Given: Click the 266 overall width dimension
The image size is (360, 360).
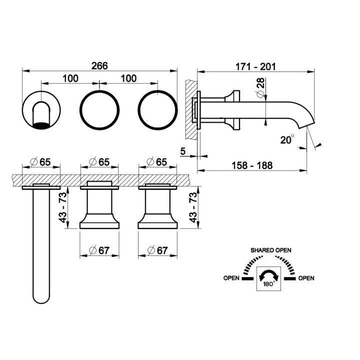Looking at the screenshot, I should pyautogui.click(x=100, y=65).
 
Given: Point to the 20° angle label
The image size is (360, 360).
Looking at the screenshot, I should pyautogui.click(x=287, y=140).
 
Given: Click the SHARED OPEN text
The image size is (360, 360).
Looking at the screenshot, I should pyautogui.click(x=270, y=250).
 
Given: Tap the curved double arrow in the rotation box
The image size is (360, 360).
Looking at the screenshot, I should pyautogui.click(x=268, y=274).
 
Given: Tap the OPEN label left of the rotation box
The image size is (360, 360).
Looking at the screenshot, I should pyautogui.click(x=230, y=278).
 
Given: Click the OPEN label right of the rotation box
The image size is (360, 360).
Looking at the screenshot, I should pyautogui.click(x=306, y=278).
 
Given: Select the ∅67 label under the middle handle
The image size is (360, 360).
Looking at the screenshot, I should pyautogui.click(x=99, y=251).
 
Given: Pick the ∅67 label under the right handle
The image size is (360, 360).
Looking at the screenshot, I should pyautogui.click(x=158, y=251).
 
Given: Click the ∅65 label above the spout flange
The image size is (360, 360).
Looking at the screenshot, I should pyautogui.click(x=41, y=161).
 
